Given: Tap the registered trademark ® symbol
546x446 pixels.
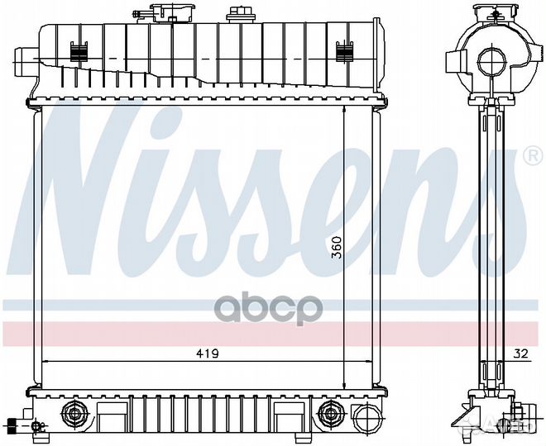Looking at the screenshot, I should click(533, 154).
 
